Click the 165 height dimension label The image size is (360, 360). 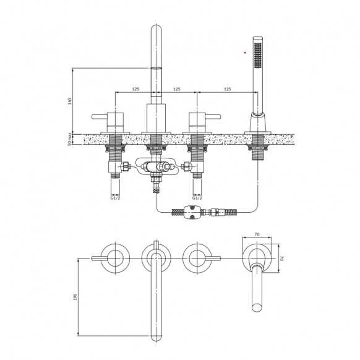70,101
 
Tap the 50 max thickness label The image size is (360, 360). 70,139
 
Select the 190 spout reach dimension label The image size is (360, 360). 75,297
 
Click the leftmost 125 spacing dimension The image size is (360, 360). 135,89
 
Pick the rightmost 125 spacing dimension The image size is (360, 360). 227,89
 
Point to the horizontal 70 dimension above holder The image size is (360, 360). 257,234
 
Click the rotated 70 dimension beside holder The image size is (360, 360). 283,258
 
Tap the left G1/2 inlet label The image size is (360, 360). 115,198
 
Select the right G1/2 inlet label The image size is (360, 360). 197,198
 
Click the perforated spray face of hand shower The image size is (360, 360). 258,54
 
